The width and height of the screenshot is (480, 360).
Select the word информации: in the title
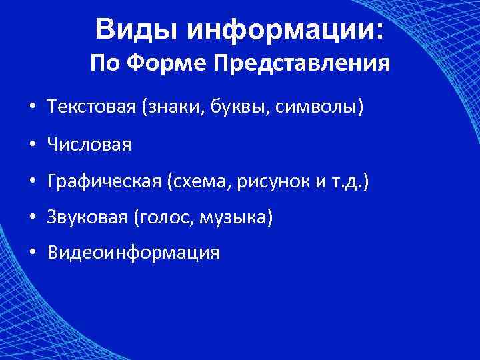point(285,30)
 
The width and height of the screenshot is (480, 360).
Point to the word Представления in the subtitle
point(302,65)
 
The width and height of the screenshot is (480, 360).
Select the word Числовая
point(89,144)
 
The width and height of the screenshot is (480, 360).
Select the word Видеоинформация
point(133,253)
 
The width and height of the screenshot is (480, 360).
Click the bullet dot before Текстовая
point(32,108)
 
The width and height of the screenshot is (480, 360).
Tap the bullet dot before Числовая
point(32,145)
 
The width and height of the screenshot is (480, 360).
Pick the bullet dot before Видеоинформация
point(32,254)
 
